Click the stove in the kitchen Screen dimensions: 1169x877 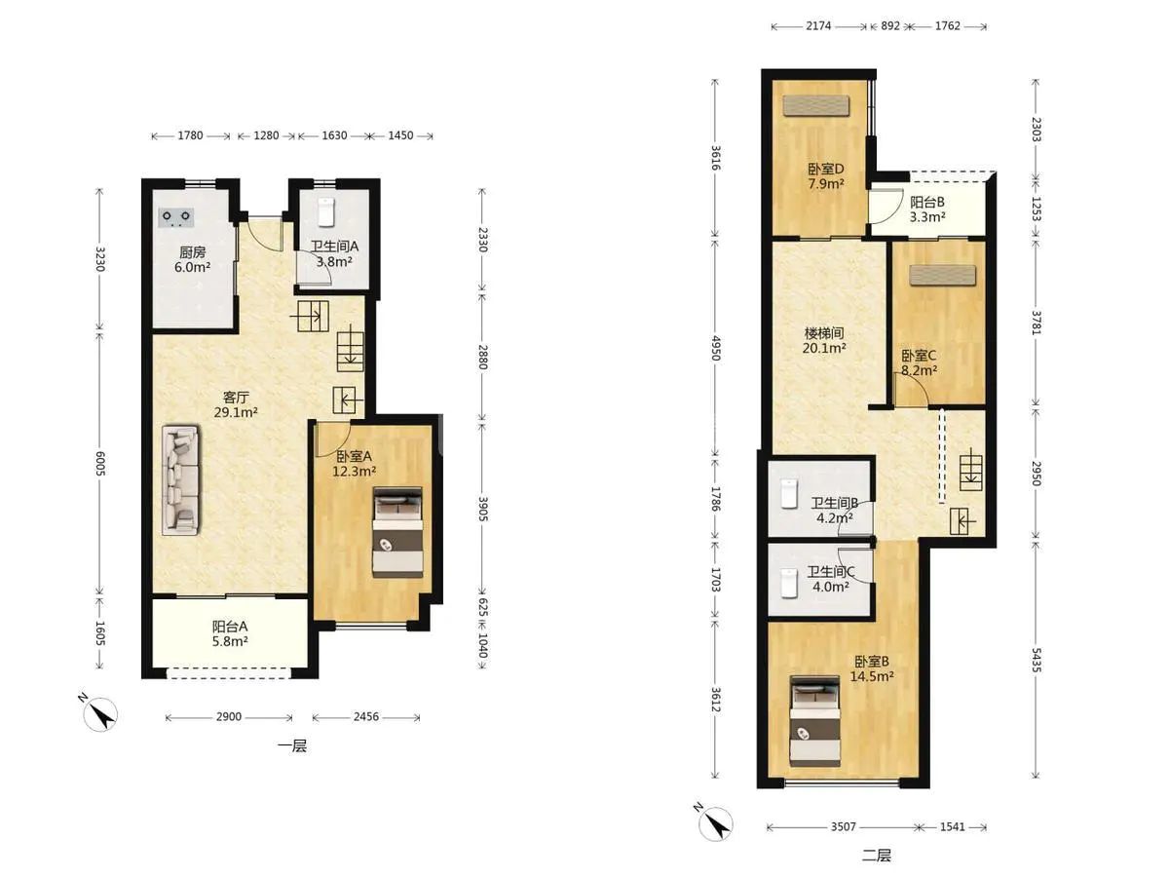[175, 217]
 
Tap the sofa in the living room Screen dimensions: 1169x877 [181, 479]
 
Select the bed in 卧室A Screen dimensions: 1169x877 [397, 532]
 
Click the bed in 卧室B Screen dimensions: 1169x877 [814, 721]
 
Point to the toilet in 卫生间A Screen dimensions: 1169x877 [326, 211]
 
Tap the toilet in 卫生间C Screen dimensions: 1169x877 [789, 583]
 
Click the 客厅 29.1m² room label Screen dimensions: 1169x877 [236, 404]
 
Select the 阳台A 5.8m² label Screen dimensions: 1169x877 [230, 633]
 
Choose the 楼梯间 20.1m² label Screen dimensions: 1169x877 [824, 341]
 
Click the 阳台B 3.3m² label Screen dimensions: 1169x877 [927, 210]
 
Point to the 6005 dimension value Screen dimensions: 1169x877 [100, 463]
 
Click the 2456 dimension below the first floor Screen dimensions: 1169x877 [366, 717]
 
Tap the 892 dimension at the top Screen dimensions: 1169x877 [890, 26]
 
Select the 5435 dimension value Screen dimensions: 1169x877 [1036, 660]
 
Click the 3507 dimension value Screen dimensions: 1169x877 [844, 826]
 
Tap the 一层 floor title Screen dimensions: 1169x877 [292, 746]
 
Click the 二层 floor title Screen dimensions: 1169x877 [877, 856]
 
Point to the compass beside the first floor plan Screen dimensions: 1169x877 [100, 713]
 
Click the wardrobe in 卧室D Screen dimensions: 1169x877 [816, 105]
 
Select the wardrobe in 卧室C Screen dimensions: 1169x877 [943, 276]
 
